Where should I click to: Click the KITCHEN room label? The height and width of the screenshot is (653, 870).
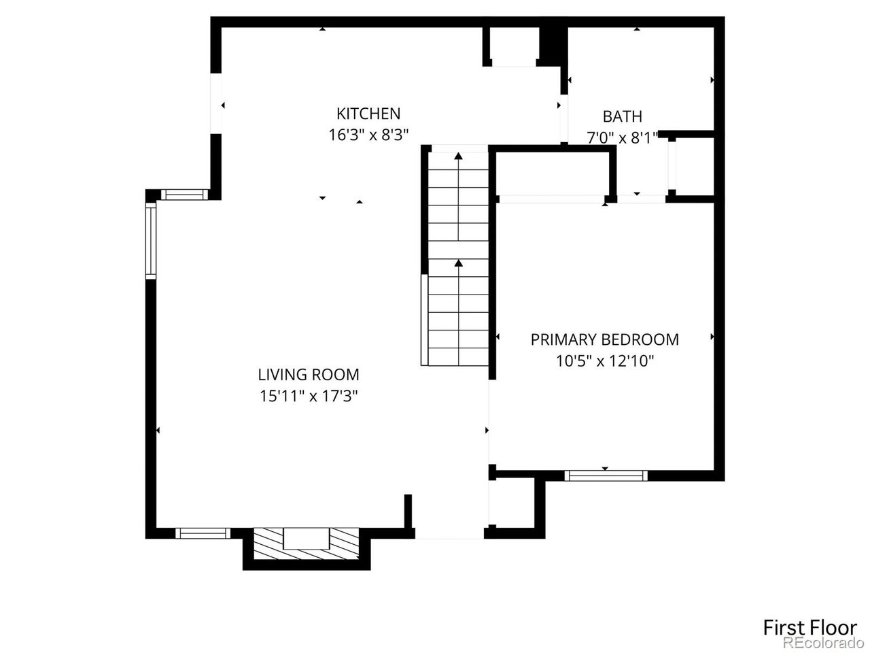[368, 113]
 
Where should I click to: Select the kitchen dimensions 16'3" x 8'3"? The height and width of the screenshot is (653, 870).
[368, 135]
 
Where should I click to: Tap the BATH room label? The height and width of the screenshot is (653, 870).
[622, 116]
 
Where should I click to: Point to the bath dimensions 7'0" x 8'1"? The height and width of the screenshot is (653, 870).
[622, 138]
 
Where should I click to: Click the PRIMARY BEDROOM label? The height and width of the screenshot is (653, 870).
[604, 339]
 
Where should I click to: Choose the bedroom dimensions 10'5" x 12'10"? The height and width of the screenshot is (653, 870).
[604, 361]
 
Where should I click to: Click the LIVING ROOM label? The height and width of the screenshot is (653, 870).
[309, 374]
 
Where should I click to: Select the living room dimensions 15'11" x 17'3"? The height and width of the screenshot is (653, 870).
[309, 396]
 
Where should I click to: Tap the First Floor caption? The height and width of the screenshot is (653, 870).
[810, 626]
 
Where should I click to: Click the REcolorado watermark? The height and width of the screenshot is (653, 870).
[820, 643]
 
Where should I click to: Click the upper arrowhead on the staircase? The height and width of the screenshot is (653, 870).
[458, 157]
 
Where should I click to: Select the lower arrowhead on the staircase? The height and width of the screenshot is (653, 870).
[458, 263]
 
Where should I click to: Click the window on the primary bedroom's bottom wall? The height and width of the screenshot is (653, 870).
[606, 475]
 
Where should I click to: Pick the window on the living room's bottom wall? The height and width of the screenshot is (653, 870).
[203, 533]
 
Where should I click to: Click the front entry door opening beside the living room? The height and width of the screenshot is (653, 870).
[449, 534]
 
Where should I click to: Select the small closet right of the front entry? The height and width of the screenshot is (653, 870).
[516, 503]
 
